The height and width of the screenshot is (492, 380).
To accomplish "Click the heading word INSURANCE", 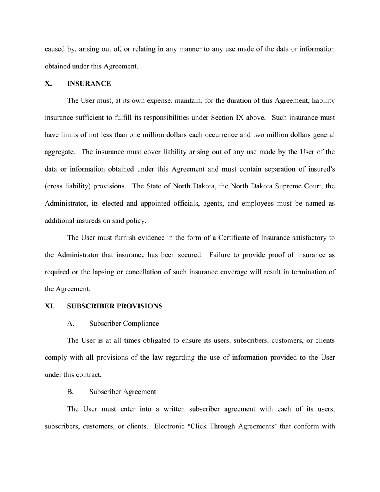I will pyautogui.click(x=89, y=84).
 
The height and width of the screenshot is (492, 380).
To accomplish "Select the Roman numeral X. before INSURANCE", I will pyautogui.click(x=48, y=84).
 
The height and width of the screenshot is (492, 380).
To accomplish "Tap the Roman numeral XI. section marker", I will pyautogui.click(x=50, y=306).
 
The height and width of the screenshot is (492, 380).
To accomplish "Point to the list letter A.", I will pyautogui.click(x=70, y=323).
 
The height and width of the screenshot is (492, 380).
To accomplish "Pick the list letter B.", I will pyautogui.click(x=70, y=392).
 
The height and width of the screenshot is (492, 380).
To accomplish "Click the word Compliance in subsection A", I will pyautogui.click(x=141, y=323).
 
